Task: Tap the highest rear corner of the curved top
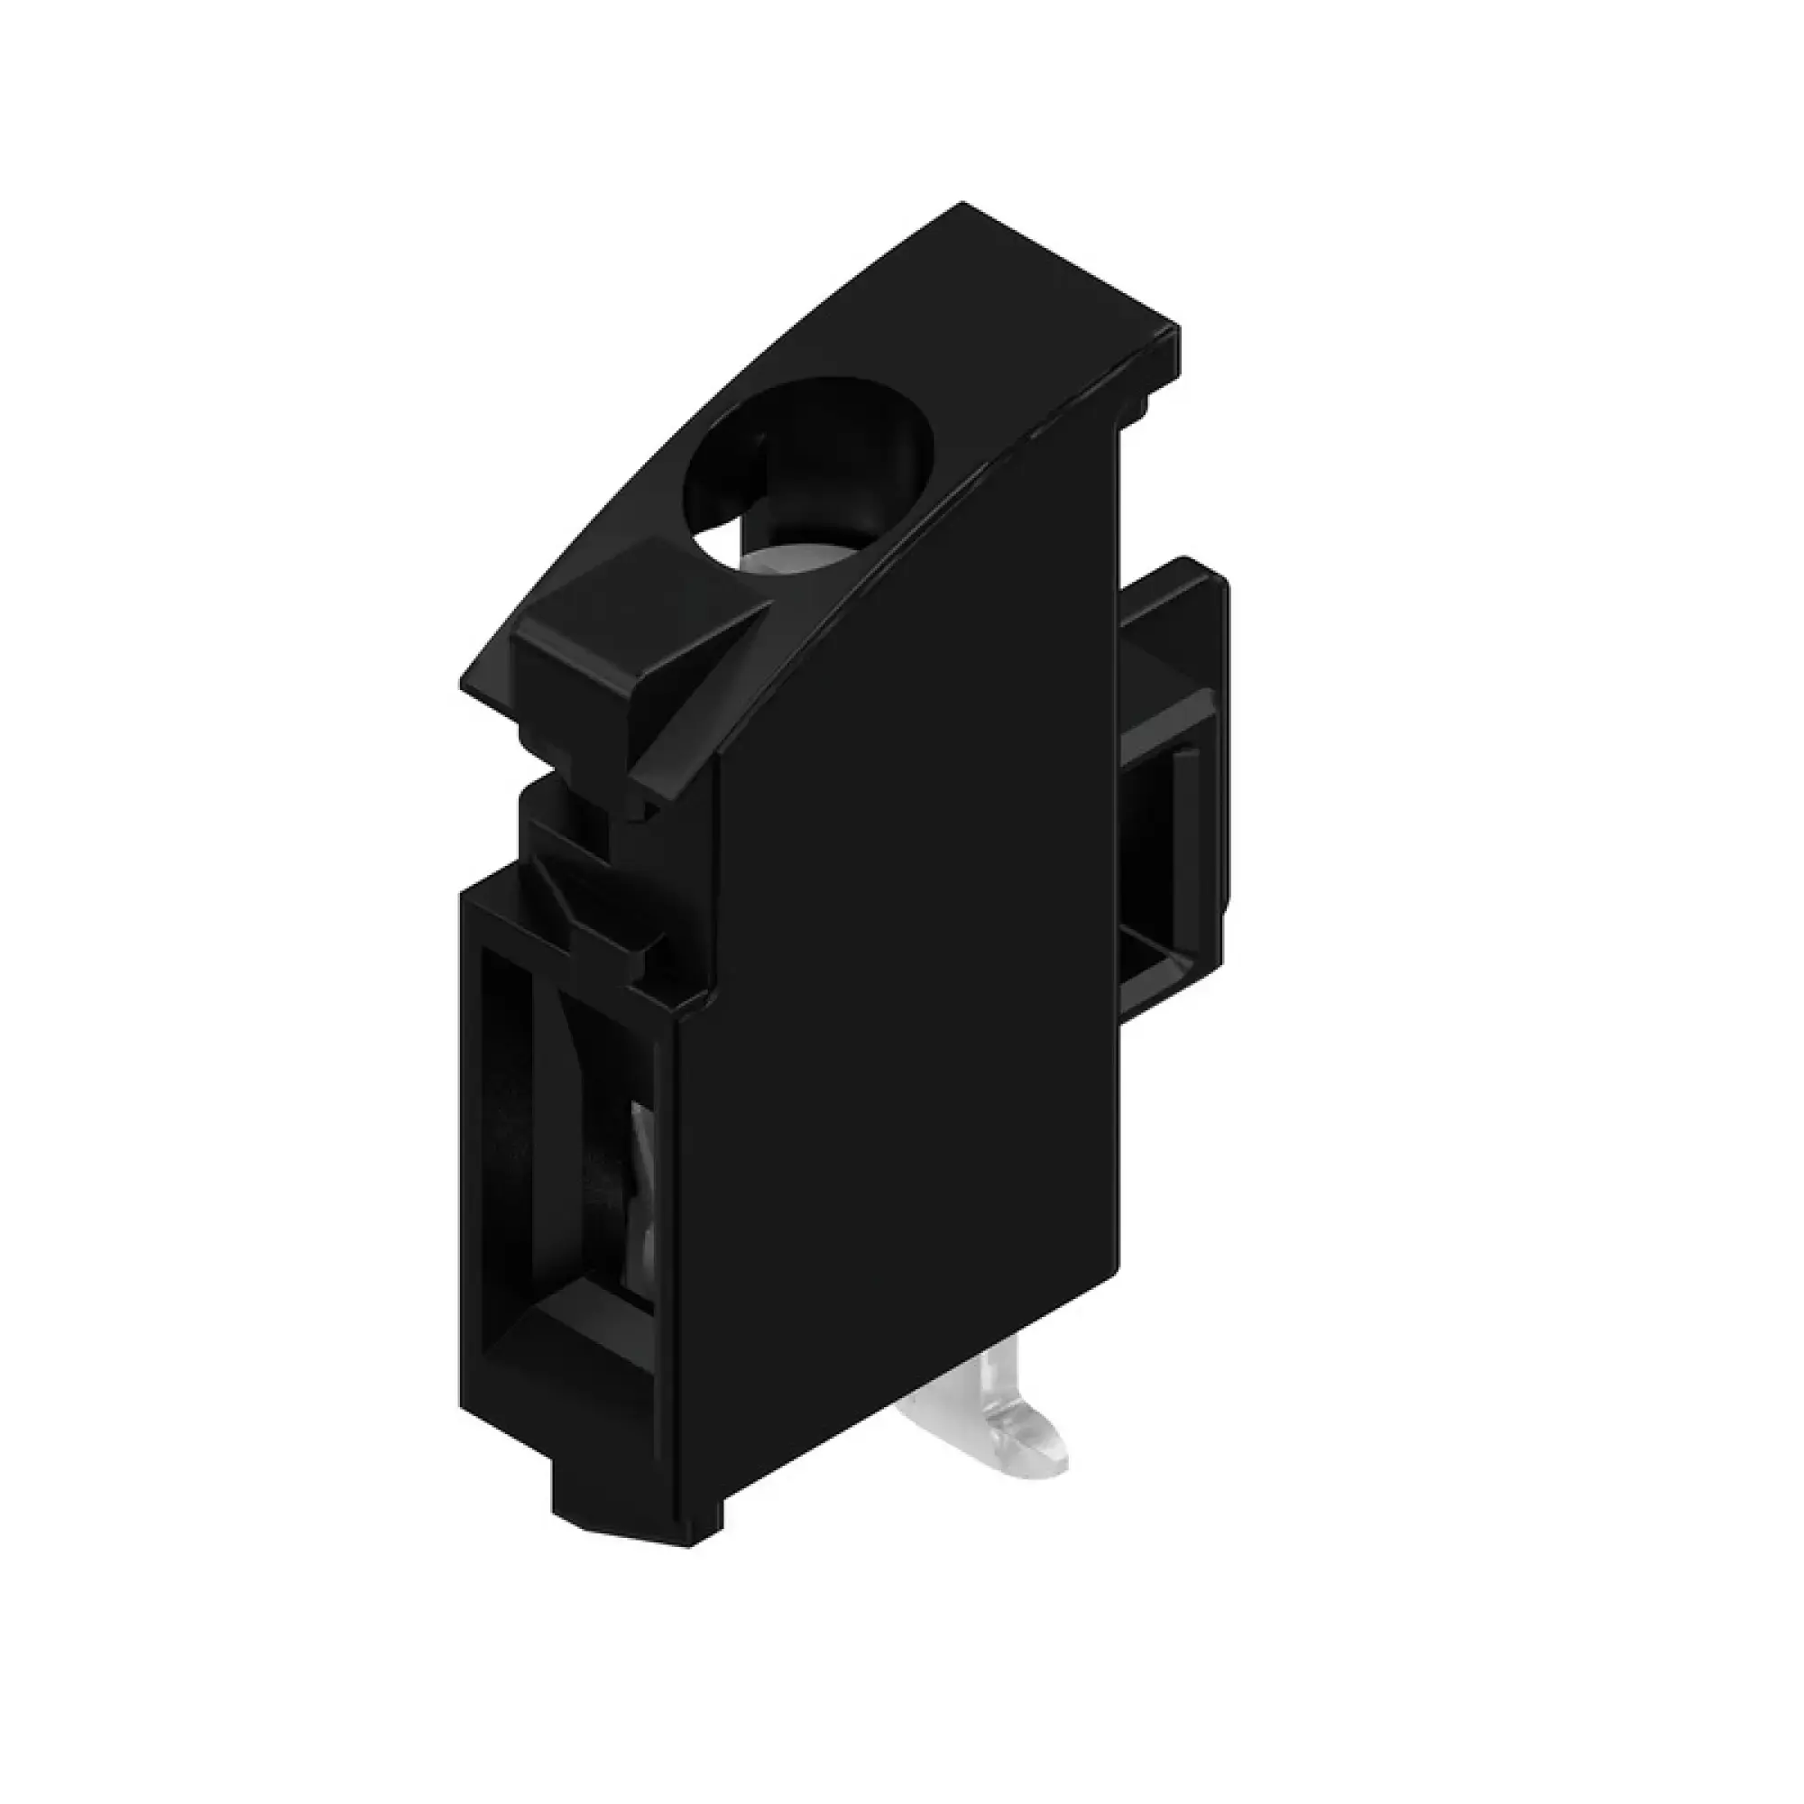point(963,206)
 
